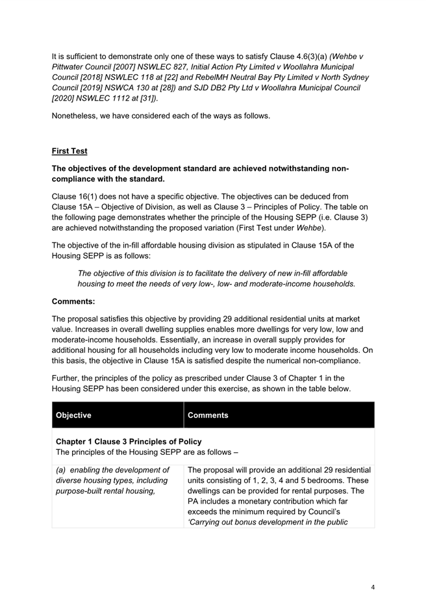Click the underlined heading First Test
tap(69, 151)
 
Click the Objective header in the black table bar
tap(74, 415)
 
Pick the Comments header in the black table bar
tap(208, 415)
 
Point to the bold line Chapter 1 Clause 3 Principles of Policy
tap(129, 442)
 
